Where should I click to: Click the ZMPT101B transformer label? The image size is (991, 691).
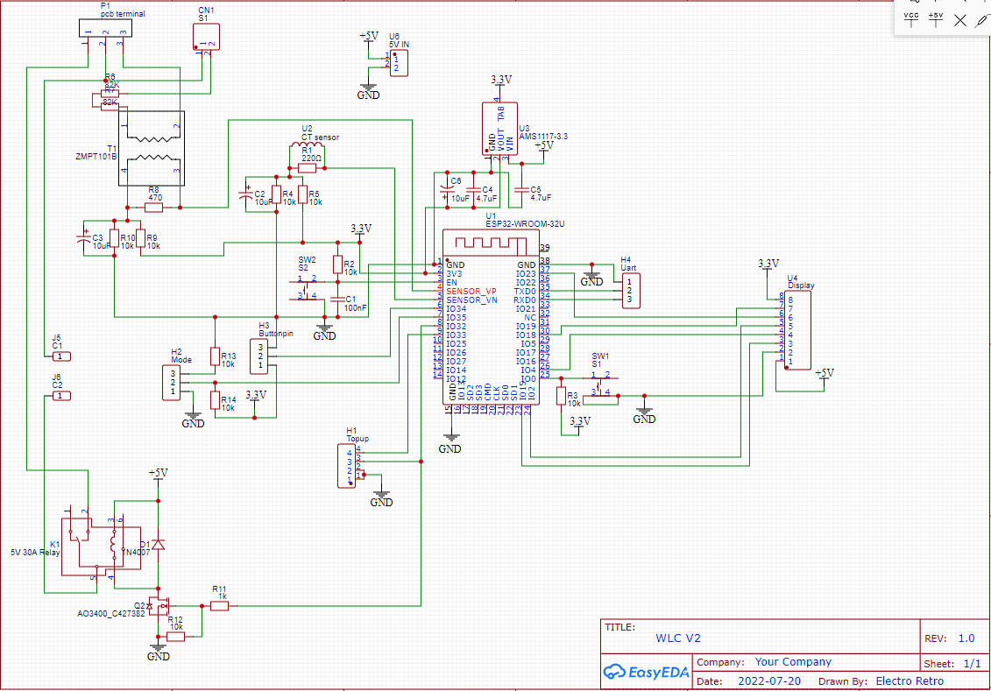(96, 156)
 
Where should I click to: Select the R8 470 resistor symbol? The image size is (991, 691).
(154, 208)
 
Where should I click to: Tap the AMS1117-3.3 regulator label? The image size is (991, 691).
(543, 137)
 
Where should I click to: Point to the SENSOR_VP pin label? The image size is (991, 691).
(471, 291)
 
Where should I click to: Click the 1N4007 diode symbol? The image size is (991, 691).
(158, 544)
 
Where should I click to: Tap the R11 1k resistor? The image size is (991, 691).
(219, 605)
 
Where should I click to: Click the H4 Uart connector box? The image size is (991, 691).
(630, 291)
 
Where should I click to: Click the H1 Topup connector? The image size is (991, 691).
(347, 466)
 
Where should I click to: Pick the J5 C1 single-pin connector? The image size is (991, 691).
(58, 356)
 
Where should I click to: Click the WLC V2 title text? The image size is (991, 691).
(678, 638)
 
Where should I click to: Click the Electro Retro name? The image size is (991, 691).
(910, 680)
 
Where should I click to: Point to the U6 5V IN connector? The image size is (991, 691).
(399, 62)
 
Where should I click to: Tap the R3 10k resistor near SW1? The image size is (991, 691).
(561, 396)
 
